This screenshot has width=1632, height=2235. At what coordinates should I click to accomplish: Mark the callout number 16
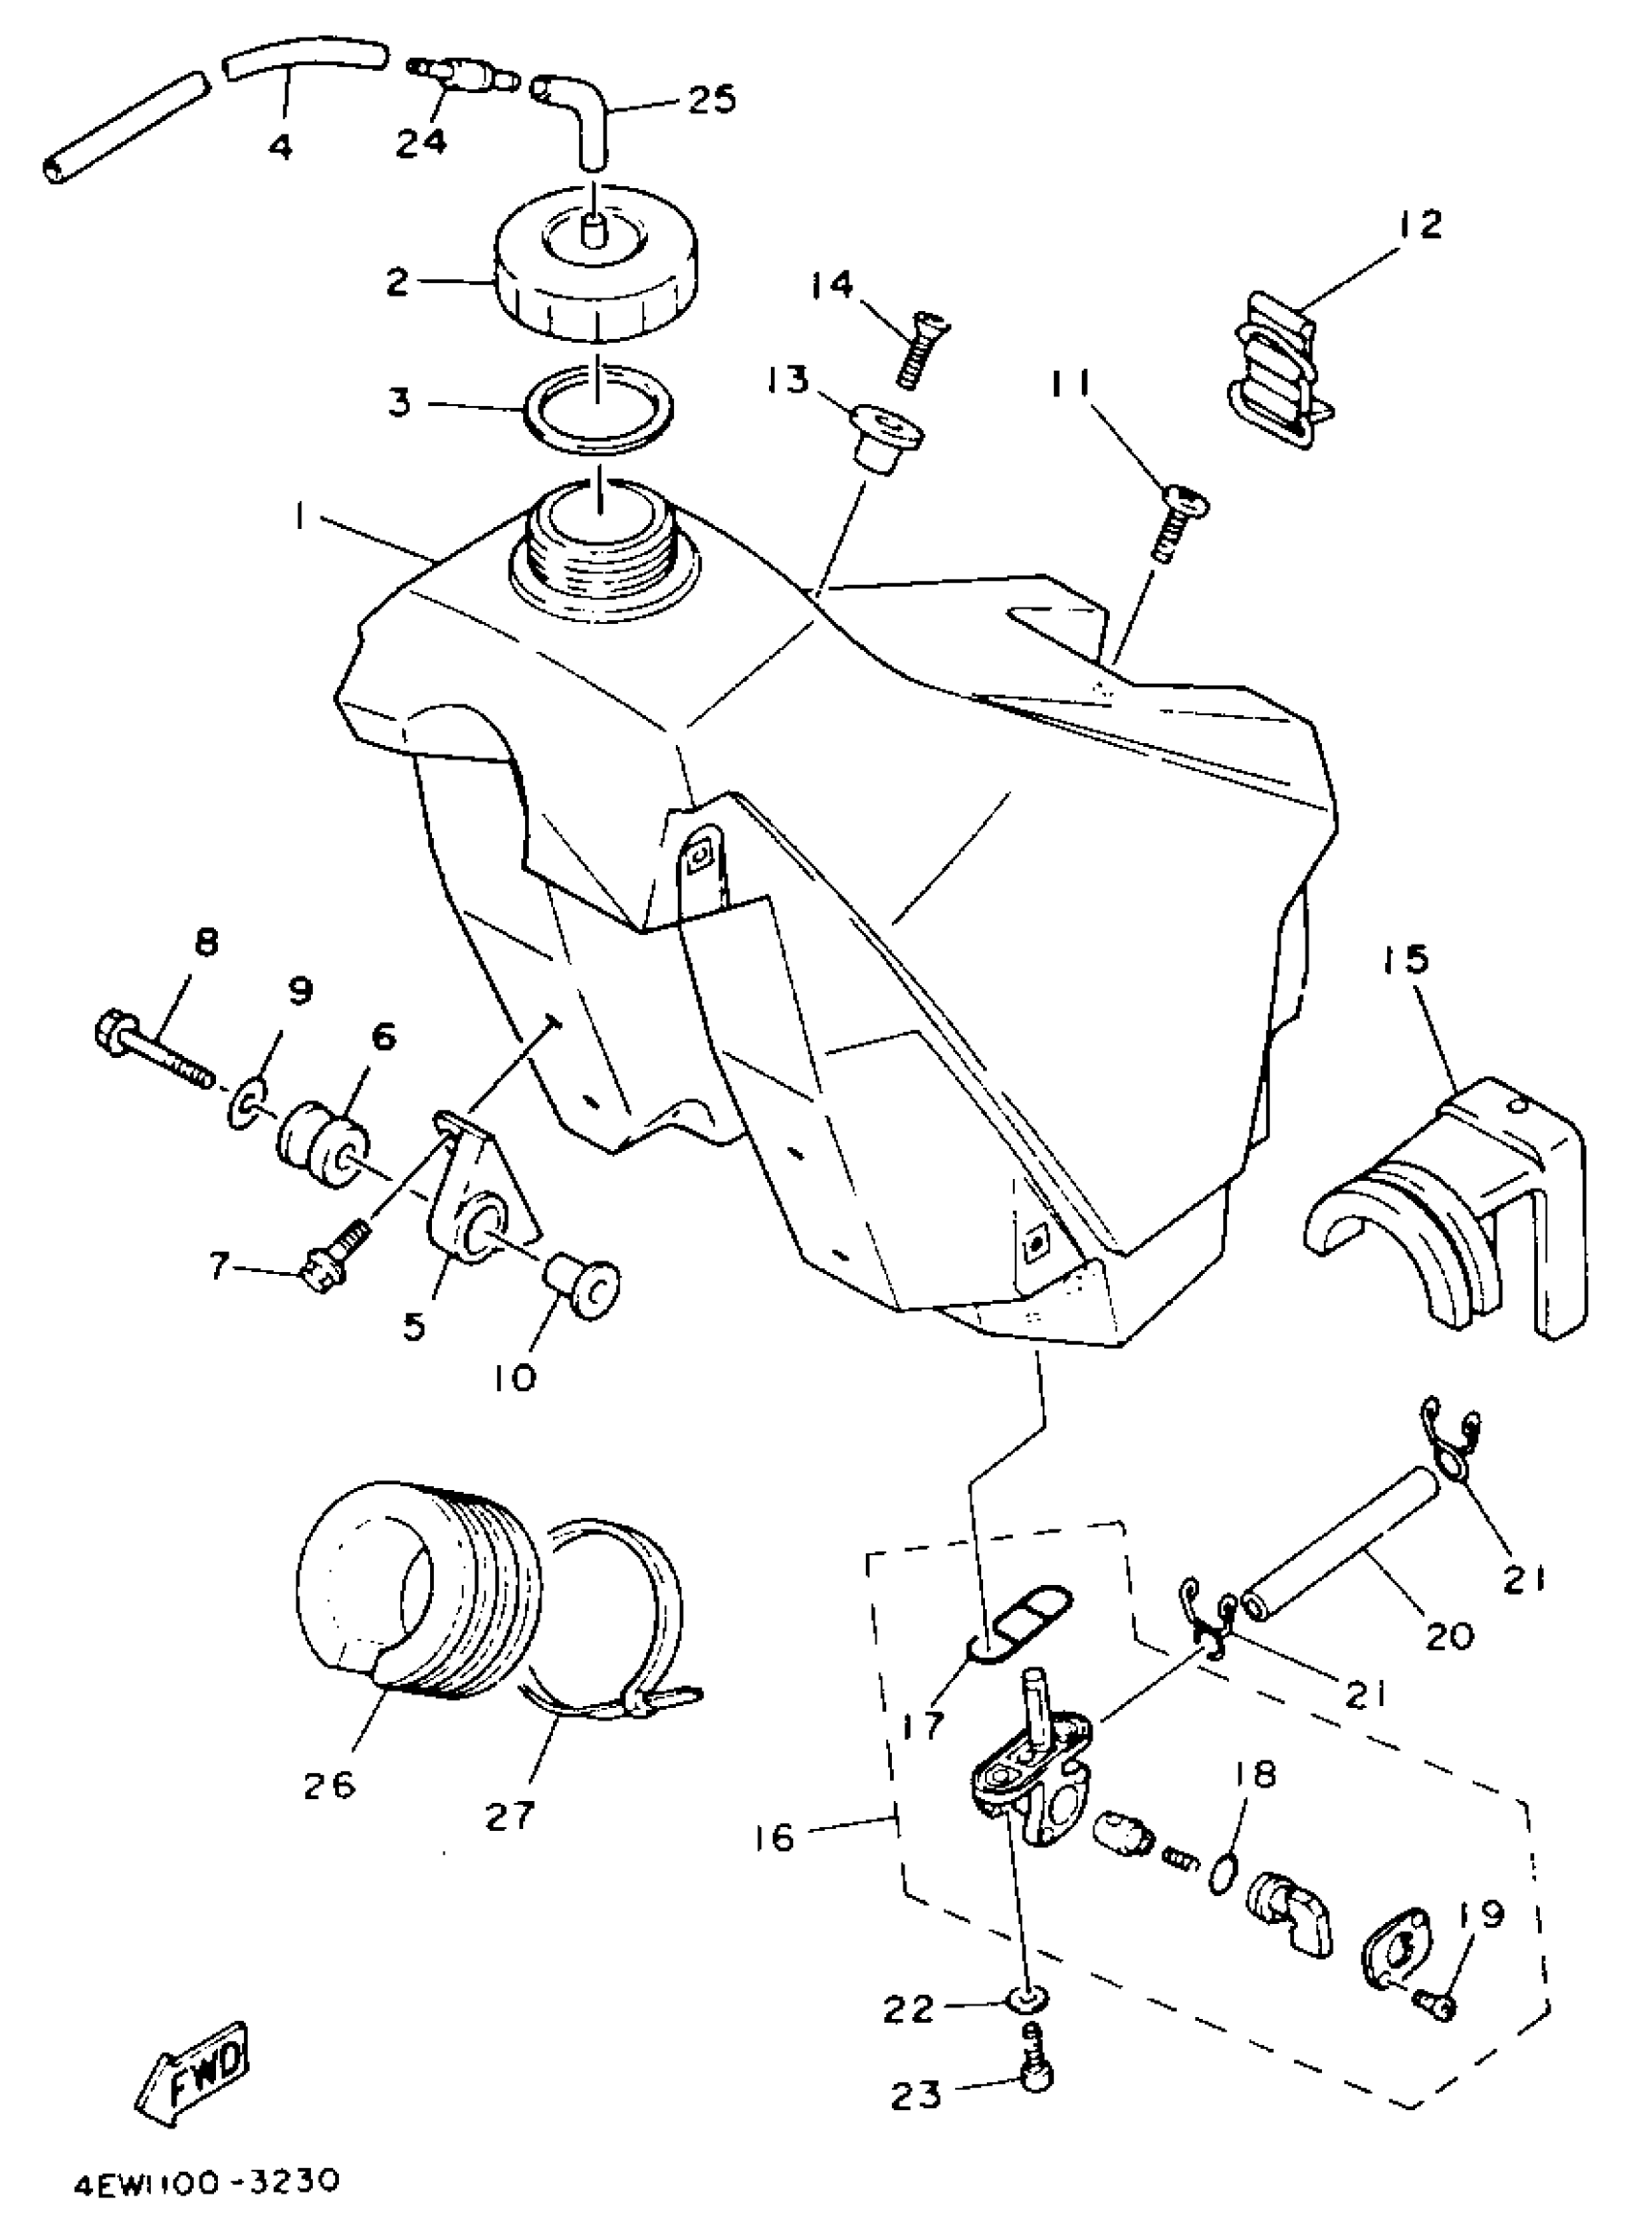pos(776,1836)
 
